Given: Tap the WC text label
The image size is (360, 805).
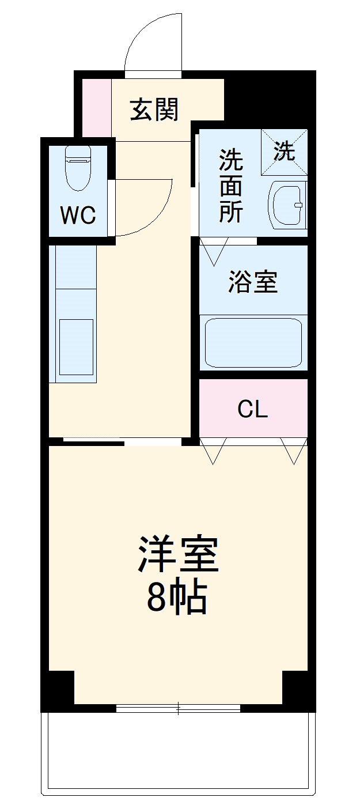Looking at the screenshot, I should tap(78, 216).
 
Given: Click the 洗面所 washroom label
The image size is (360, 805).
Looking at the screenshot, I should tap(230, 186).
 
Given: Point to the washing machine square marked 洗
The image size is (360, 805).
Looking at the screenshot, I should tap(284, 152).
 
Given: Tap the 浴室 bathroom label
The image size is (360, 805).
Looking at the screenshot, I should tap(253, 282).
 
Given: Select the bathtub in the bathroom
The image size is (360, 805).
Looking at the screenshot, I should tap(253, 342).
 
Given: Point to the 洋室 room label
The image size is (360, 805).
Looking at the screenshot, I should tap(178, 554).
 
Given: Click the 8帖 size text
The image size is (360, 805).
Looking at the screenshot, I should tap(177, 598).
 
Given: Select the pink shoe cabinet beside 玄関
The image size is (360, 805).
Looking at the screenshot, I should tap(96, 107).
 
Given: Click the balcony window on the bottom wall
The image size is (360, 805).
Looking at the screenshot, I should tap(178, 708).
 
